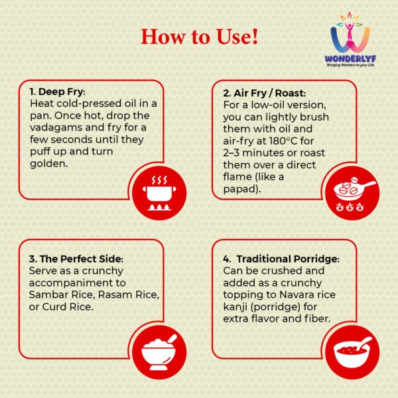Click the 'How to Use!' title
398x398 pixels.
(199, 37)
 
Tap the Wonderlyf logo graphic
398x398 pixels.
(350, 33)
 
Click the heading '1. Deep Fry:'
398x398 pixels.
(58, 92)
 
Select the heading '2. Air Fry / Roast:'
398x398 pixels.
(265, 94)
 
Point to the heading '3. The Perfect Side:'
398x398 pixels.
(76, 259)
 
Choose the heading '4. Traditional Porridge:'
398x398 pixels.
(281, 259)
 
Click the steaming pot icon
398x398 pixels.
(159, 193)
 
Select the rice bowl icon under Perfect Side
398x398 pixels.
(159, 352)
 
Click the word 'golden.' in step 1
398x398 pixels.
(49, 164)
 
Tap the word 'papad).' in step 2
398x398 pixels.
(242, 189)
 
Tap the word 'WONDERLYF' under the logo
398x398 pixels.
(350, 59)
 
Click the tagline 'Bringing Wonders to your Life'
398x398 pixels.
(350, 65)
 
